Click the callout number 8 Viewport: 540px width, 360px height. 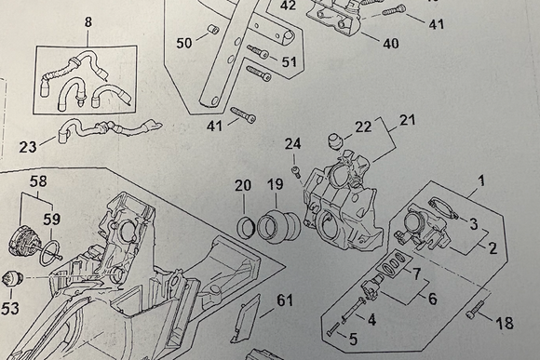[88, 21]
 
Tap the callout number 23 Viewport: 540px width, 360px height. [29, 145]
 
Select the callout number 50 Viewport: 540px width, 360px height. [183, 43]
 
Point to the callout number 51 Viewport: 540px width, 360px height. [290, 61]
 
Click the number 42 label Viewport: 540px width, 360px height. [289, 6]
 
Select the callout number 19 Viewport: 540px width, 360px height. [275, 185]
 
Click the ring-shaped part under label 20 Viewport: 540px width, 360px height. [248, 226]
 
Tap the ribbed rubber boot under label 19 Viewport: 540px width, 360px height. [278, 227]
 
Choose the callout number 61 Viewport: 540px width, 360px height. [284, 300]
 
